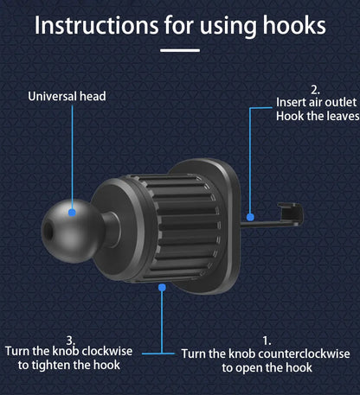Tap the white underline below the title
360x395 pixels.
click(x=180, y=49)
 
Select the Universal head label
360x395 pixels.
click(x=67, y=97)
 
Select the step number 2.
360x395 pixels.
click(x=314, y=88)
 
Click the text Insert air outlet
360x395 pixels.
click(x=314, y=102)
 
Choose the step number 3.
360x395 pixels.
click(x=70, y=340)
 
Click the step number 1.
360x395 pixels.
click(x=267, y=341)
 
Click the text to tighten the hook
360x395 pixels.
click(x=68, y=366)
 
